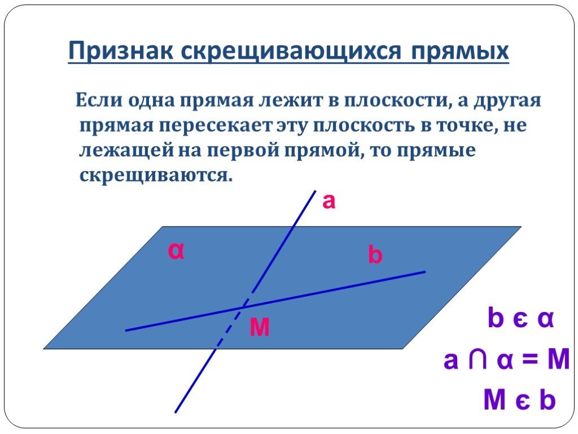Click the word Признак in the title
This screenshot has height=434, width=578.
121,50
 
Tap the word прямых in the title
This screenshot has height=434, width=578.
460,51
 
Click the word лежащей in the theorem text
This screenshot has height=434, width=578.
126,150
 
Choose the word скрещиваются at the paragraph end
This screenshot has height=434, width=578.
156,176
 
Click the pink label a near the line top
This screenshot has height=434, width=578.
329,202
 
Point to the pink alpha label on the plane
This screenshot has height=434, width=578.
176,251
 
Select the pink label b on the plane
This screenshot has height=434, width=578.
375,255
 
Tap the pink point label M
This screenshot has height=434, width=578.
260,327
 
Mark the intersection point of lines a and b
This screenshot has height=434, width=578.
244,306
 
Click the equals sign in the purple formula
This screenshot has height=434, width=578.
529,359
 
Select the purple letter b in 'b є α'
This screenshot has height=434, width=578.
496,318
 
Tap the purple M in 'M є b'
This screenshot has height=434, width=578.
494,400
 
